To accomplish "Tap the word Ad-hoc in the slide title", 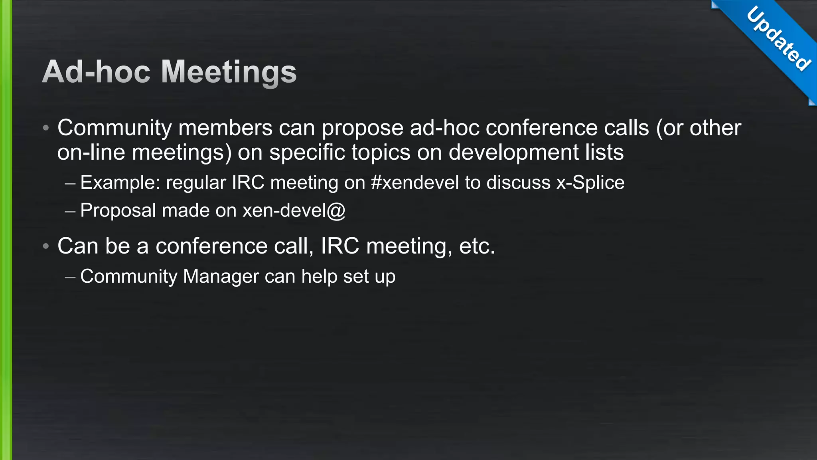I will coord(96,72).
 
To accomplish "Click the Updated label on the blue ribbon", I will coord(778,39).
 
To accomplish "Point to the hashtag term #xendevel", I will coord(415,183).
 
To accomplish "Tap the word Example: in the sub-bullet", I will coord(120,183).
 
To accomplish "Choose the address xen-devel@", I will coord(294,210).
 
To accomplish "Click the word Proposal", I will coord(118,210).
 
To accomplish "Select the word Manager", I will coord(221,276).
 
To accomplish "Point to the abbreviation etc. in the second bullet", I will coord(477,246).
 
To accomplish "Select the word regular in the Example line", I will coord(196,183).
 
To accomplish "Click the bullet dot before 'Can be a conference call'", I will coord(46,246).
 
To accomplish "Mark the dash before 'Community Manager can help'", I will coord(70,277).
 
